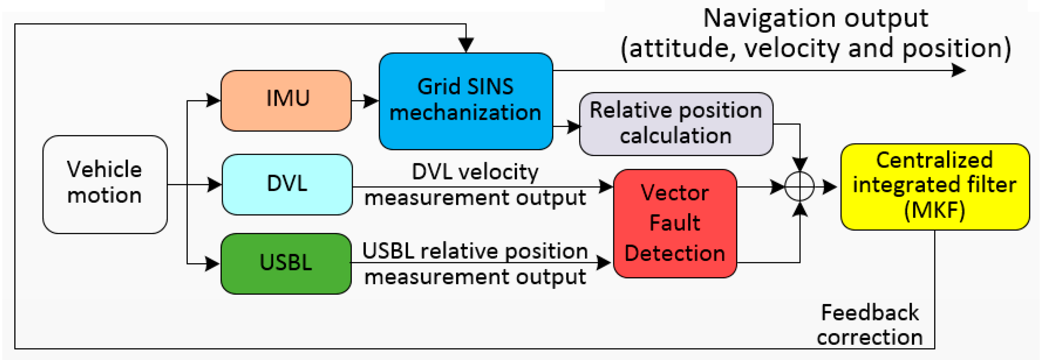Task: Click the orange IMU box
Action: pos(286,101)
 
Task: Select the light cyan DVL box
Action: pos(287,184)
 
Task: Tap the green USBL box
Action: pos(286,264)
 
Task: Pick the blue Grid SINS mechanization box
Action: pos(465,101)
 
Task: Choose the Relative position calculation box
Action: pos(676,124)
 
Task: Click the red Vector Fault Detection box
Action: pos(675,223)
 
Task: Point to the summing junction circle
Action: pos(799,186)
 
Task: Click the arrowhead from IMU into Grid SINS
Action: pos(371,101)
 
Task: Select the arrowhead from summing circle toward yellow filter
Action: pos(829,187)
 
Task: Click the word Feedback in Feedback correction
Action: pos(870,313)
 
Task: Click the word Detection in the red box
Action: pos(675,253)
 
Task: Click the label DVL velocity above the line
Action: pos(475,172)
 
